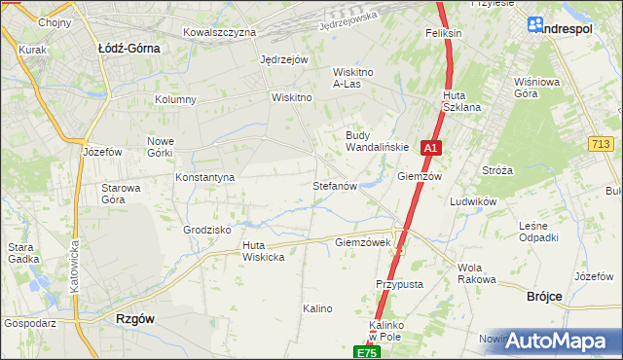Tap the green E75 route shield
365,352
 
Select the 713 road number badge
601,144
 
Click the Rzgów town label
135,318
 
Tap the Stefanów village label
336,185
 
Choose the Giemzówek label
362,242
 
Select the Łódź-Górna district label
129,47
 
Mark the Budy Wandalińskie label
377,141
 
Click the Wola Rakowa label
476,273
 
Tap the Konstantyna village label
205,178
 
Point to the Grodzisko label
206,230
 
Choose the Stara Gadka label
22,253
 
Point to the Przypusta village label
399,284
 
